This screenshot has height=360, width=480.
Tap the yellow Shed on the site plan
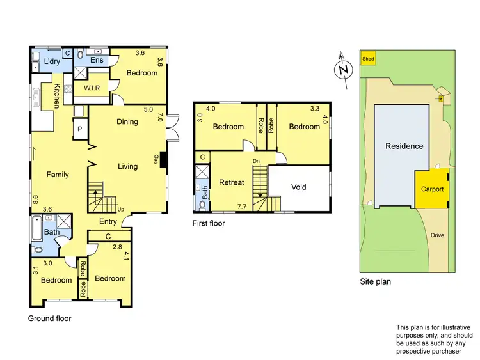click(367, 59)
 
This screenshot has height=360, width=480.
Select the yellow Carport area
click(432, 189)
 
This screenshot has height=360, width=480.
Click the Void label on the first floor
click(299, 187)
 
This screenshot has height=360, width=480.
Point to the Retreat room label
click(231, 182)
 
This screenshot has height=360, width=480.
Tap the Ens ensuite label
click(97, 60)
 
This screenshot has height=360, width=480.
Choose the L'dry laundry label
click(52, 61)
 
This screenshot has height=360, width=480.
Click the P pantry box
click(80, 128)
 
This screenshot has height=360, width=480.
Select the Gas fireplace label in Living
click(156, 158)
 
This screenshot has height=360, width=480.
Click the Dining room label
click(127, 121)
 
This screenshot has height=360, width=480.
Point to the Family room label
click(57, 175)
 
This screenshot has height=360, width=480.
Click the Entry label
click(108, 222)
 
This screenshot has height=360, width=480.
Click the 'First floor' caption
click(208, 224)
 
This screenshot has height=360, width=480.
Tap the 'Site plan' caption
click(376, 281)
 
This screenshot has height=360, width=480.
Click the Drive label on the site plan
click(437, 235)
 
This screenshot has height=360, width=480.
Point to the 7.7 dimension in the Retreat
click(241, 207)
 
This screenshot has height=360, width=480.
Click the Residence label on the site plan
click(404, 146)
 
